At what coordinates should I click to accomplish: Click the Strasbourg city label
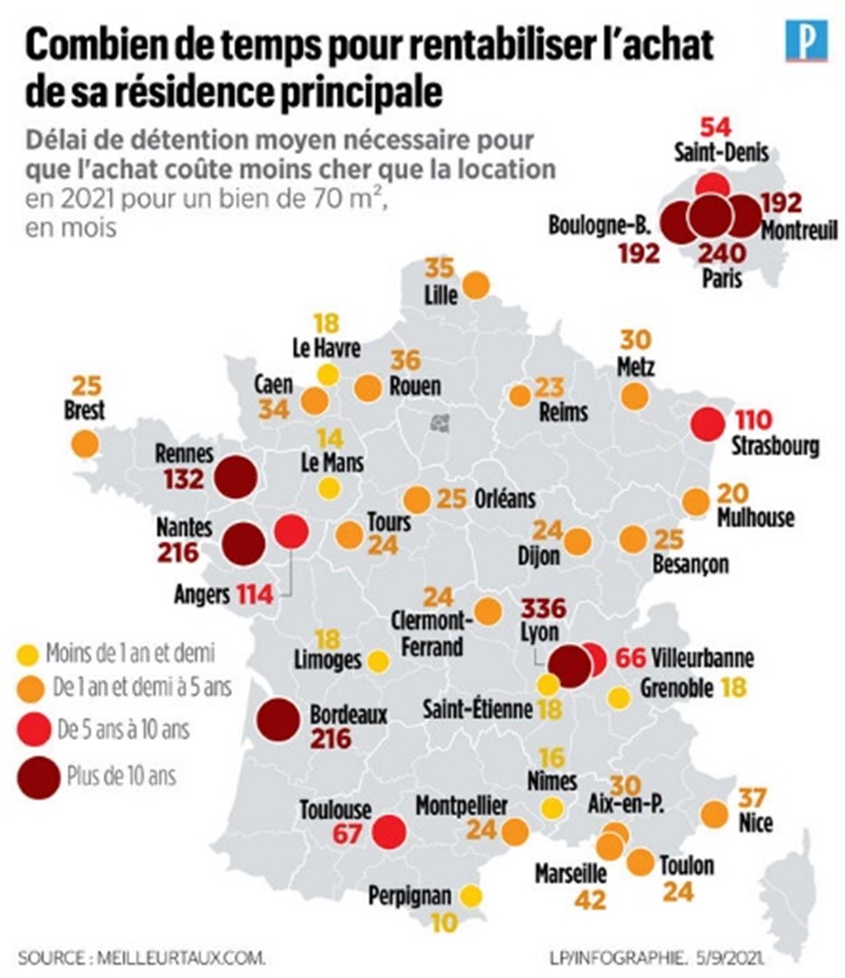coord(776,447)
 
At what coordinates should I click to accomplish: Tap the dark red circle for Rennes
coord(236,478)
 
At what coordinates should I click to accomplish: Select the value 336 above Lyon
coord(543,607)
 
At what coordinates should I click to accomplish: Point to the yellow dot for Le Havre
coord(327,375)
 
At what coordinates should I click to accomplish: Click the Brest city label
coord(85,409)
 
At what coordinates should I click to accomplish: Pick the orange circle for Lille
coord(476,285)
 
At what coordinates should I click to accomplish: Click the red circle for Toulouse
coord(389,832)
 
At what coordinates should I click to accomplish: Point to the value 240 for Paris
coord(721,254)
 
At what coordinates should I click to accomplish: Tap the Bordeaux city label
coord(349,715)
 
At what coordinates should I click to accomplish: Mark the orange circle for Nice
coord(714,815)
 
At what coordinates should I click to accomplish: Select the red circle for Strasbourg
coord(707,424)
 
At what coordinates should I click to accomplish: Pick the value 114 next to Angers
coord(254,596)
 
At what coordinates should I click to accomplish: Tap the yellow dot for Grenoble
coord(619,698)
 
